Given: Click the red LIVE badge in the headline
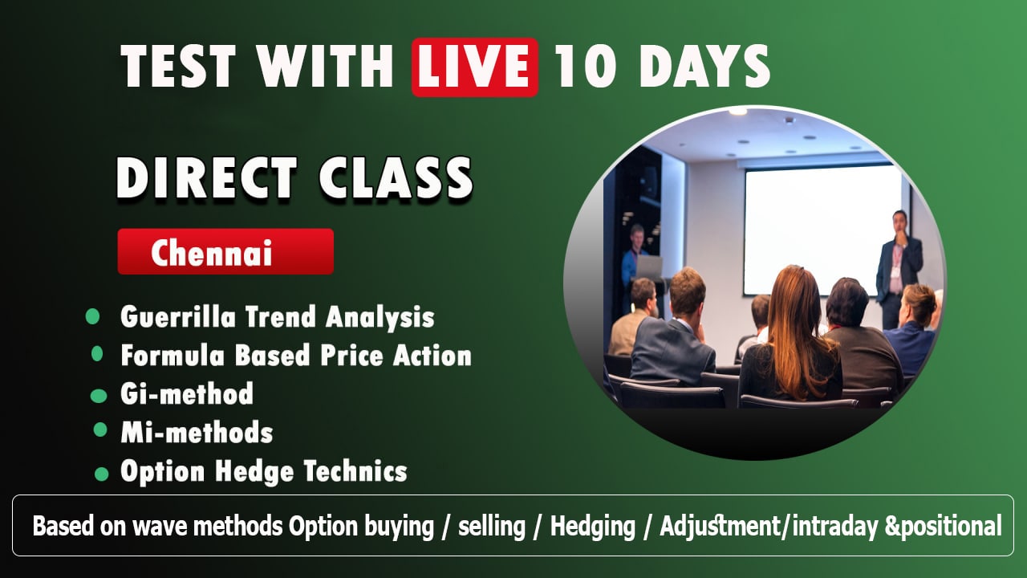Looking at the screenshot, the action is click(x=475, y=67).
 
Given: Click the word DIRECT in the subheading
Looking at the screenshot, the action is click(x=206, y=178).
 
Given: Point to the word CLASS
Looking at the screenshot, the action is click(x=396, y=178).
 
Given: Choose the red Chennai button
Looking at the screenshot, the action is click(x=225, y=251).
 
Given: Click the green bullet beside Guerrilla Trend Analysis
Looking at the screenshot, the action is click(x=92, y=316).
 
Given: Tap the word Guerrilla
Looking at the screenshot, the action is click(x=178, y=317).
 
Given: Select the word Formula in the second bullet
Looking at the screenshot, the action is click(x=173, y=356).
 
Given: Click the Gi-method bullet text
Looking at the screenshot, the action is click(x=187, y=393).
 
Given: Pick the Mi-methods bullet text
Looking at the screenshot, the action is click(x=197, y=432).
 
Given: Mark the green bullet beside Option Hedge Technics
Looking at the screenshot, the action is click(x=101, y=474).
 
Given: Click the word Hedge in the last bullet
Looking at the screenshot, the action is click(x=254, y=471).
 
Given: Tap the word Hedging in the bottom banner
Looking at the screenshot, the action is click(x=593, y=526).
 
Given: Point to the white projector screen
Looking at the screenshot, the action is click(x=822, y=230).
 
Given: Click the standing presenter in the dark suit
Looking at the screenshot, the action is click(x=898, y=270).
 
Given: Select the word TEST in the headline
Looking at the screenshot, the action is click(x=178, y=67).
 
